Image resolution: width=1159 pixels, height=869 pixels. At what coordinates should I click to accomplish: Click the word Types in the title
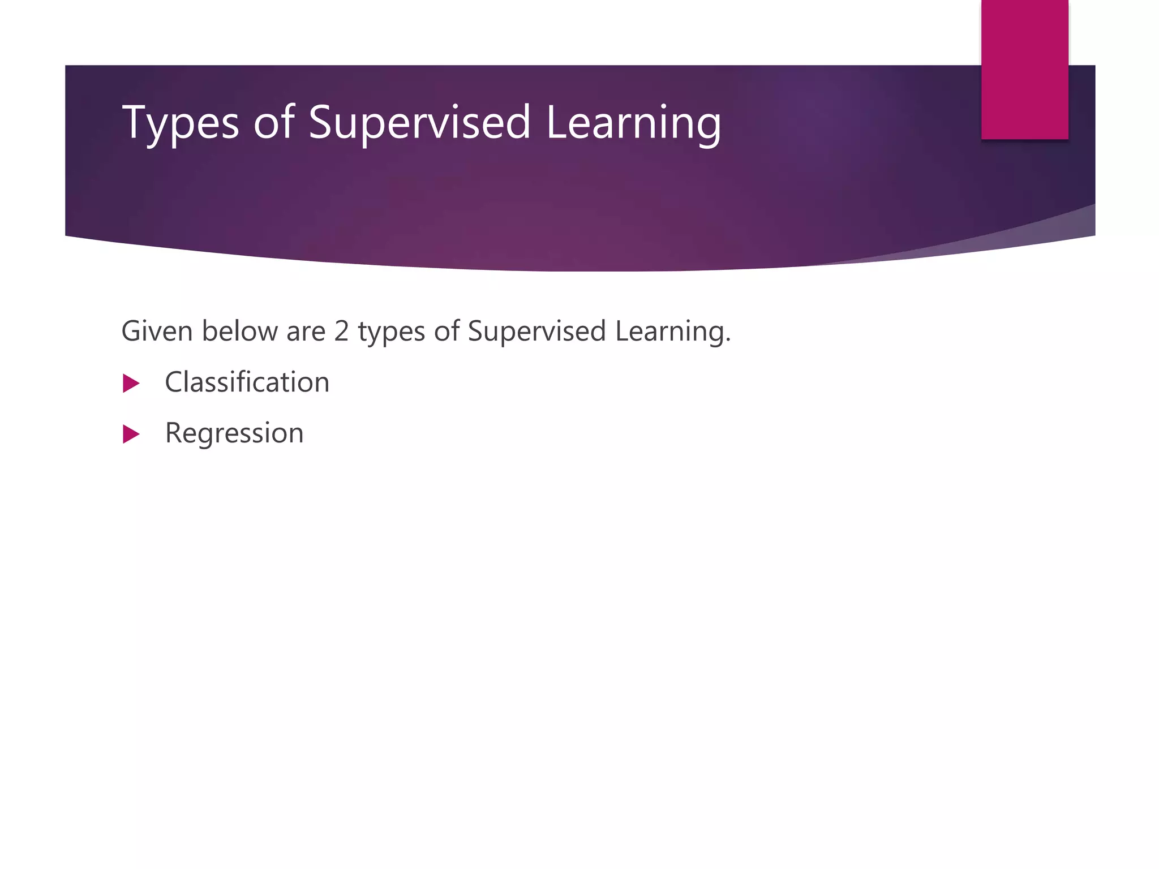[x=181, y=123]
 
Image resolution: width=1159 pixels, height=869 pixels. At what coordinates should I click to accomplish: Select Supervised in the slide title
[x=419, y=123]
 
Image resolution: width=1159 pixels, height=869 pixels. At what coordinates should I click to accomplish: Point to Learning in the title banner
[x=633, y=123]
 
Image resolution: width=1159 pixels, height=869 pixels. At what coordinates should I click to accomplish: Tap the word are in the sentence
[x=306, y=332]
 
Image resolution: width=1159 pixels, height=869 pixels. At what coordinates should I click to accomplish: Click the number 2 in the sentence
[x=341, y=331]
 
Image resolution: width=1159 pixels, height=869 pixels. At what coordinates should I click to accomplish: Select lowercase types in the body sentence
[x=391, y=332]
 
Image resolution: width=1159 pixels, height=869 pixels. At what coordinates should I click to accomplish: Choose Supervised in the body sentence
[x=536, y=332]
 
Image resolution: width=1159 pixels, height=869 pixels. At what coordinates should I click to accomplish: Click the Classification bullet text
[x=247, y=382]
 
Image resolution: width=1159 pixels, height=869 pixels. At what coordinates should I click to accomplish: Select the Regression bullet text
[x=234, y=433]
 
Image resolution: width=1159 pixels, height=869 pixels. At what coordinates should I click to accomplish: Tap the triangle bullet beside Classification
[x=131, y=384]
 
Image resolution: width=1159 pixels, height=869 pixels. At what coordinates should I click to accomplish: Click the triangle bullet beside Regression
[x=131, y=434]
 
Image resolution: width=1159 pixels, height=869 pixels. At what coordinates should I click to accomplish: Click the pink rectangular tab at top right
[x=1024, y=69]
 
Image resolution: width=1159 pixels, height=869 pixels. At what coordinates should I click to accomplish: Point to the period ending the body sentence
[x=728, y=341]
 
